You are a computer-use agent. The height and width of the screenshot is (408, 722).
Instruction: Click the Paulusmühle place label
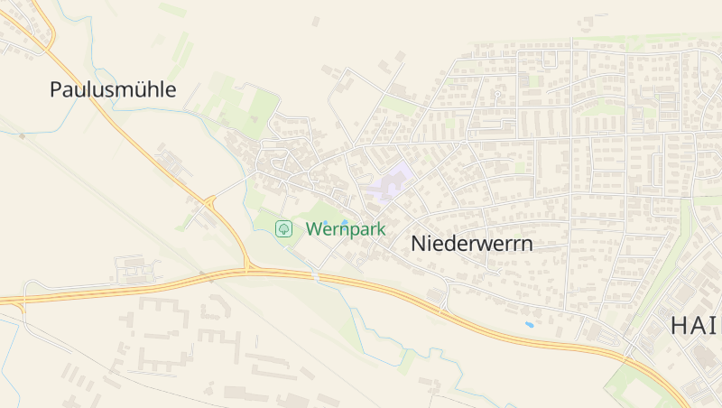(113, 90)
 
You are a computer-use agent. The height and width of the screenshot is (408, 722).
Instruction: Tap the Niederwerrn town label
(471, 244)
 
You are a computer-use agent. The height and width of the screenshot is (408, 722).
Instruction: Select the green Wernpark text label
(346, 229)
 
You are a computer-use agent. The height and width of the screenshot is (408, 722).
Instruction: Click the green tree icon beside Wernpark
(284, 229)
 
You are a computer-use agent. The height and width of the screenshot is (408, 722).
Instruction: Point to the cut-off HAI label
(695, 327)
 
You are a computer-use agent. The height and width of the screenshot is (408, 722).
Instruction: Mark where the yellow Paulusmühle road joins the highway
(247, 269)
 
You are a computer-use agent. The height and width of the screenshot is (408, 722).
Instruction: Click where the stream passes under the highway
(315, 274)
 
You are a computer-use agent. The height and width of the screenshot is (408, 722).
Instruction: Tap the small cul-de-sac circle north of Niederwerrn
(496, 93)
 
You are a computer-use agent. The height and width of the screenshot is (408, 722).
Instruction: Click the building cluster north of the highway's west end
(135, 269)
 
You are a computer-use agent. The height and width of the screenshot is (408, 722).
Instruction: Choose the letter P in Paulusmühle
(57, 90)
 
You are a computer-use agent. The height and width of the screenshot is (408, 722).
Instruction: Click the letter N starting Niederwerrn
(418, 244)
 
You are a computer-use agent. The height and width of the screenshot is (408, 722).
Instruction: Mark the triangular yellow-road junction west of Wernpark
(210, 200)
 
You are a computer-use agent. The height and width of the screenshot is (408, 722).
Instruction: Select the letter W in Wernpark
(314, 229)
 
